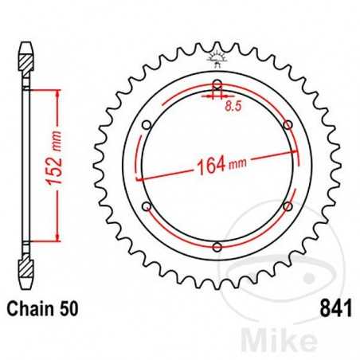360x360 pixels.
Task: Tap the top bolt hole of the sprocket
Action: [217, 84]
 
